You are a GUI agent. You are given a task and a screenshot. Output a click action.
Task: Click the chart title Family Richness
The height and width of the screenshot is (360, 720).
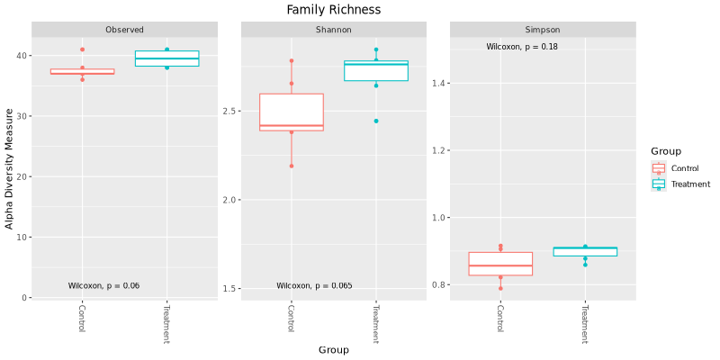[x=333, y=10]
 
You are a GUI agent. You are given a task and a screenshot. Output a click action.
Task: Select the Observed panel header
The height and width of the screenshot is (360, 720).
[x=124, y=30]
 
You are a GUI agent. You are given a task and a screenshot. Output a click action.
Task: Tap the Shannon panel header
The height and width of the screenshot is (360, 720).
[x=333, y=30]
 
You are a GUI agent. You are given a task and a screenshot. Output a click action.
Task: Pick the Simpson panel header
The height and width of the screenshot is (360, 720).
[x=542, y=30]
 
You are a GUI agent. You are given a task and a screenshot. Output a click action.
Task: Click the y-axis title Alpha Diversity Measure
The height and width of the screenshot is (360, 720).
[x=10, y=168]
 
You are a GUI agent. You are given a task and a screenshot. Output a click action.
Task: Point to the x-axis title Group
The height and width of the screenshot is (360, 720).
[x=333, y=349]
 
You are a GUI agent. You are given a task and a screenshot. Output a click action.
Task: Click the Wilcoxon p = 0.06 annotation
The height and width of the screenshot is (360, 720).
[x=103, y=286]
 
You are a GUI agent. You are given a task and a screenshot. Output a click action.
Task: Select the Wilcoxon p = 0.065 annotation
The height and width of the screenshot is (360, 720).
[x=314, y=286]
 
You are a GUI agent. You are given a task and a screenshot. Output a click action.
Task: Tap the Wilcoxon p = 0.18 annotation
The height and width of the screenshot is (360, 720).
[x=522, y=47]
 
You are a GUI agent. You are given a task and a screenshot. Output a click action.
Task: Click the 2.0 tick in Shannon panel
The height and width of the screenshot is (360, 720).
[x=229, y=200]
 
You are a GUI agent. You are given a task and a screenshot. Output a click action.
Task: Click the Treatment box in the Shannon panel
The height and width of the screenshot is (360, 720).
[x=376, y=71]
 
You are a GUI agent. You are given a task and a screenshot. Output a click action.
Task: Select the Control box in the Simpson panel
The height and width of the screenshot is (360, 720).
[x=500, y=264]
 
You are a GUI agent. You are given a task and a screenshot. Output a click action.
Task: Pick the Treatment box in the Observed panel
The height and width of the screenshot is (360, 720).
[x=166, y=58]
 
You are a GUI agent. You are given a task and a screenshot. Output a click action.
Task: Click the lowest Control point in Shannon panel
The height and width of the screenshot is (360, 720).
[x=292, y=166]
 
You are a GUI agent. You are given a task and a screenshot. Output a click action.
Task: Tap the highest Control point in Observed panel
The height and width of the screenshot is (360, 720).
[x=82, y=49]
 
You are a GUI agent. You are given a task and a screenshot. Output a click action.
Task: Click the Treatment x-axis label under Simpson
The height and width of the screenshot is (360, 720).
[x=585, y=325]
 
